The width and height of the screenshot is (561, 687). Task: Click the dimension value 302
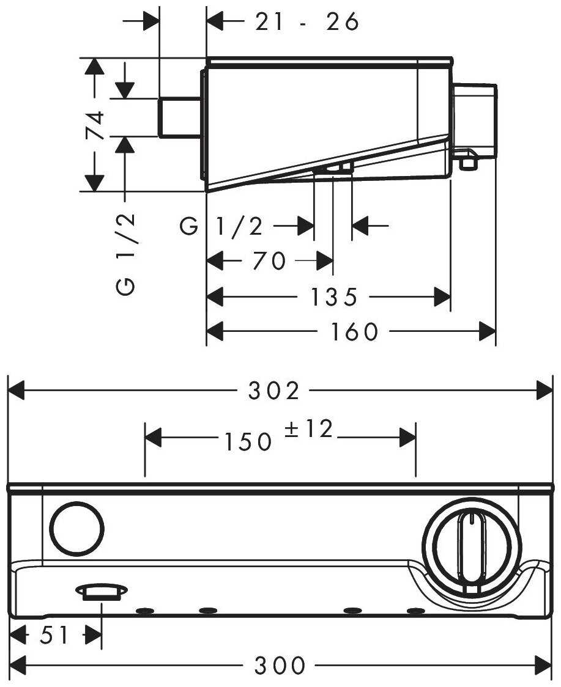(x=274, y=391)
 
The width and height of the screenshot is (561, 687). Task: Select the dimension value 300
(x=280, y=665)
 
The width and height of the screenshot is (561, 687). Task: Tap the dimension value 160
(x=355, y=332)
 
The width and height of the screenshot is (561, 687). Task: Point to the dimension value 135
(x=333, y=298)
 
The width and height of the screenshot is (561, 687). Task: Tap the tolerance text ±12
(x=309, y=430)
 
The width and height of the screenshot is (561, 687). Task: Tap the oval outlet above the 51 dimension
(x=101, y=590)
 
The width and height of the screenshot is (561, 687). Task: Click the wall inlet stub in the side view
(x=180, y=117)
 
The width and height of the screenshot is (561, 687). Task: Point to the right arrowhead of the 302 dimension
(x=544, y=391)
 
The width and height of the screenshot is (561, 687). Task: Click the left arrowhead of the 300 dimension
(x=18, y=664)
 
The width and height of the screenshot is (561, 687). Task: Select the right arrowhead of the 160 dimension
(x=487, y=332)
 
